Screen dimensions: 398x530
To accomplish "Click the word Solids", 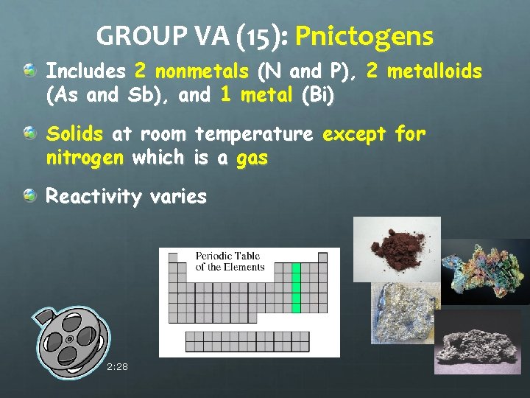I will tap(74, 135).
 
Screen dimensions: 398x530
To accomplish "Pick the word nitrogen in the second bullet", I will tap(85, 158).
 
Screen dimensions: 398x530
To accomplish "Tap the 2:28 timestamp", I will tap(117, 366).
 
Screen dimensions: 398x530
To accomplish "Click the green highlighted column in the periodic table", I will tap(296, 287).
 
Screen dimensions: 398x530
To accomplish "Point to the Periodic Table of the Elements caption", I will tap(229, 262).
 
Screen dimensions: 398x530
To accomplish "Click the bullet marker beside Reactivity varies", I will tap(29, 195).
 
